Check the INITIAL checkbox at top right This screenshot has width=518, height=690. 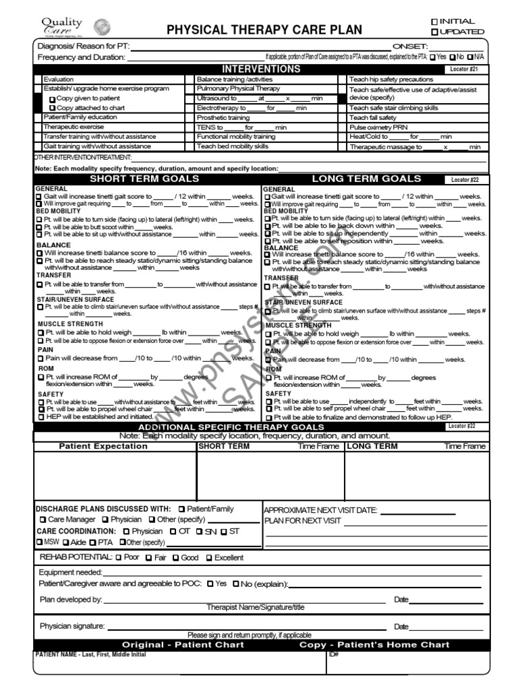pos(435,22)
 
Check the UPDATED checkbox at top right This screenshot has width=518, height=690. pos(435,32)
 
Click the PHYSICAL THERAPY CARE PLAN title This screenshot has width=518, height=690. pos(264,30)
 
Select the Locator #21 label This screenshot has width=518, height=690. pos(463,69)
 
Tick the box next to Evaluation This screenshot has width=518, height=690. pos(38,80)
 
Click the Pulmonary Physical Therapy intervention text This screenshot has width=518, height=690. pos(237,89)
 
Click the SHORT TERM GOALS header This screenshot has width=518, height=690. pos(145,179)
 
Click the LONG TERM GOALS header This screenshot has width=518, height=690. pos(366,179)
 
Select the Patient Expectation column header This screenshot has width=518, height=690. pos(103,446)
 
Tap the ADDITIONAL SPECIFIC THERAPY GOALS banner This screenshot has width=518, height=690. pos(231,427)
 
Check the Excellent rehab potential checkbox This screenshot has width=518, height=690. pos(209,558)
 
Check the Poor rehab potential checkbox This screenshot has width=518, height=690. pos(119,558)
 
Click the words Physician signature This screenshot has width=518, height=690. pos(72,626)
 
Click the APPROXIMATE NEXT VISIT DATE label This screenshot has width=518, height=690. pos(320,510)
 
